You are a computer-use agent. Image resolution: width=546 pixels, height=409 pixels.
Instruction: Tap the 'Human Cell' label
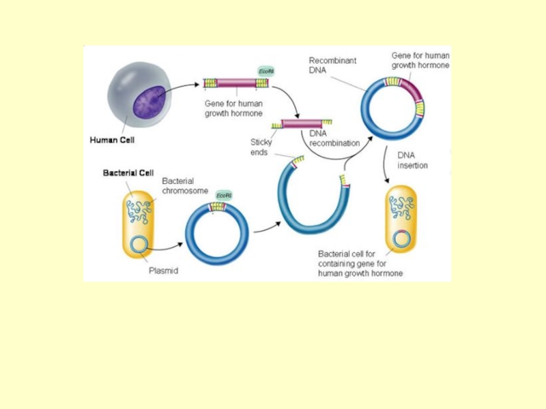click(113, 141)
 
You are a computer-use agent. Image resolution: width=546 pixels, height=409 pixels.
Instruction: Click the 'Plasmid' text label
click(163, 271)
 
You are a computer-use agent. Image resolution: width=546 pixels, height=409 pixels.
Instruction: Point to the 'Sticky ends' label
click(261, 147)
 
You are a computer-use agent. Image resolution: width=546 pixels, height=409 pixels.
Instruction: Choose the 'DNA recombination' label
click(334, 138)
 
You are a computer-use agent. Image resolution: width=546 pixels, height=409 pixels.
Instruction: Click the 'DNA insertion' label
click(412, 160)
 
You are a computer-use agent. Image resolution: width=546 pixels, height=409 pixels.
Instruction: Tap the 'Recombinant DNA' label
click(332, 65)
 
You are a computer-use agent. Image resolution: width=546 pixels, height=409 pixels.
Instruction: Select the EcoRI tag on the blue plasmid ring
click(223, 196)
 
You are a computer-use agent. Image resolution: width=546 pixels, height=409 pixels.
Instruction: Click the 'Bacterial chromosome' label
click(185, 186)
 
